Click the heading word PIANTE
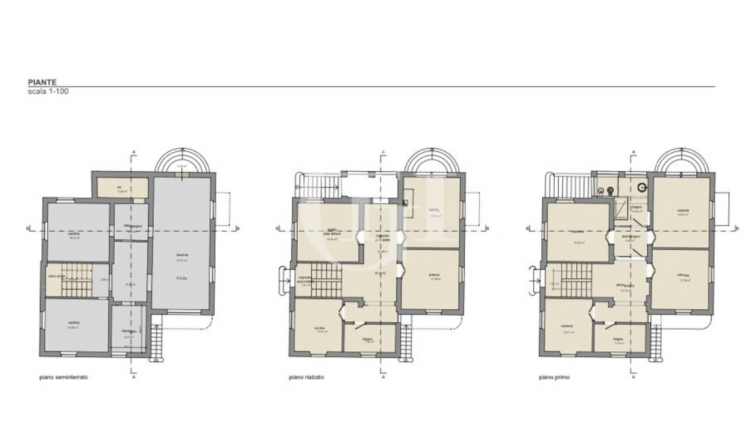pos(42,83)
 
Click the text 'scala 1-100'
pos(48,92)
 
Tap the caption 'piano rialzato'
pos(307,377)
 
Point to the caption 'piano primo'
pos(554,377)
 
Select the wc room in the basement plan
pos(122,188)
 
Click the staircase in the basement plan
pos(77,280)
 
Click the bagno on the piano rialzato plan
pos(369,338)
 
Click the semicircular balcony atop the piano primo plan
pos(682,161)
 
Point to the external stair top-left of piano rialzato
pos(320,185)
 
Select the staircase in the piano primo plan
pos(576,280)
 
